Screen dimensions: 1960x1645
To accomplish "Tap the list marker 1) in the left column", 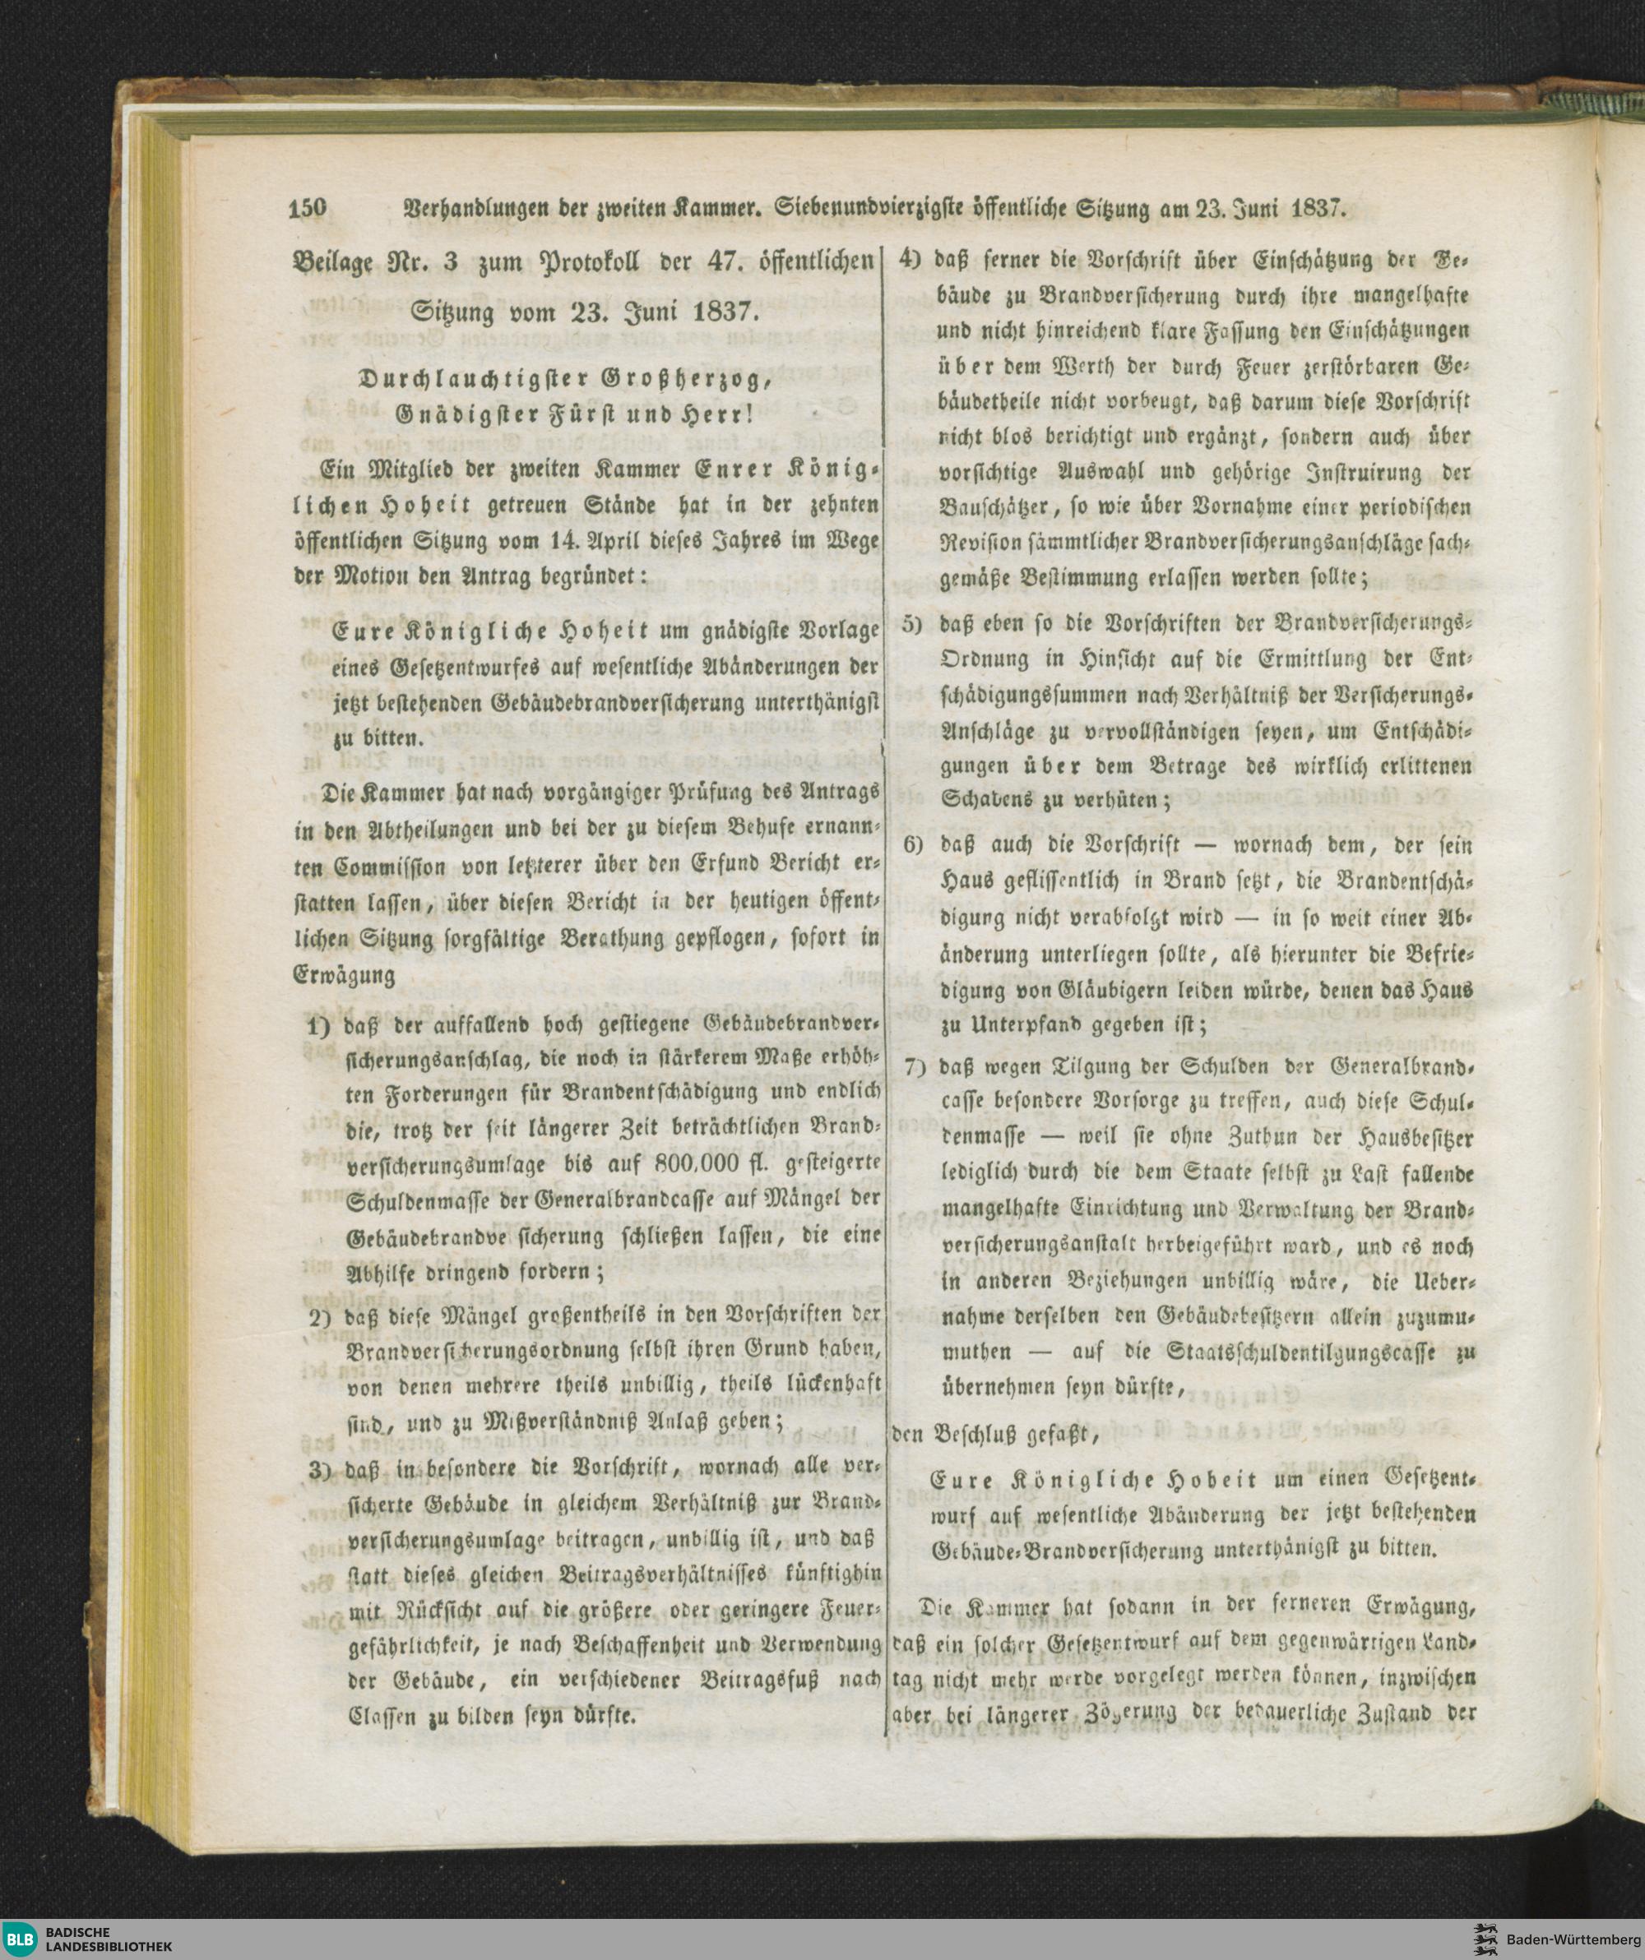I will [319, 1029].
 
